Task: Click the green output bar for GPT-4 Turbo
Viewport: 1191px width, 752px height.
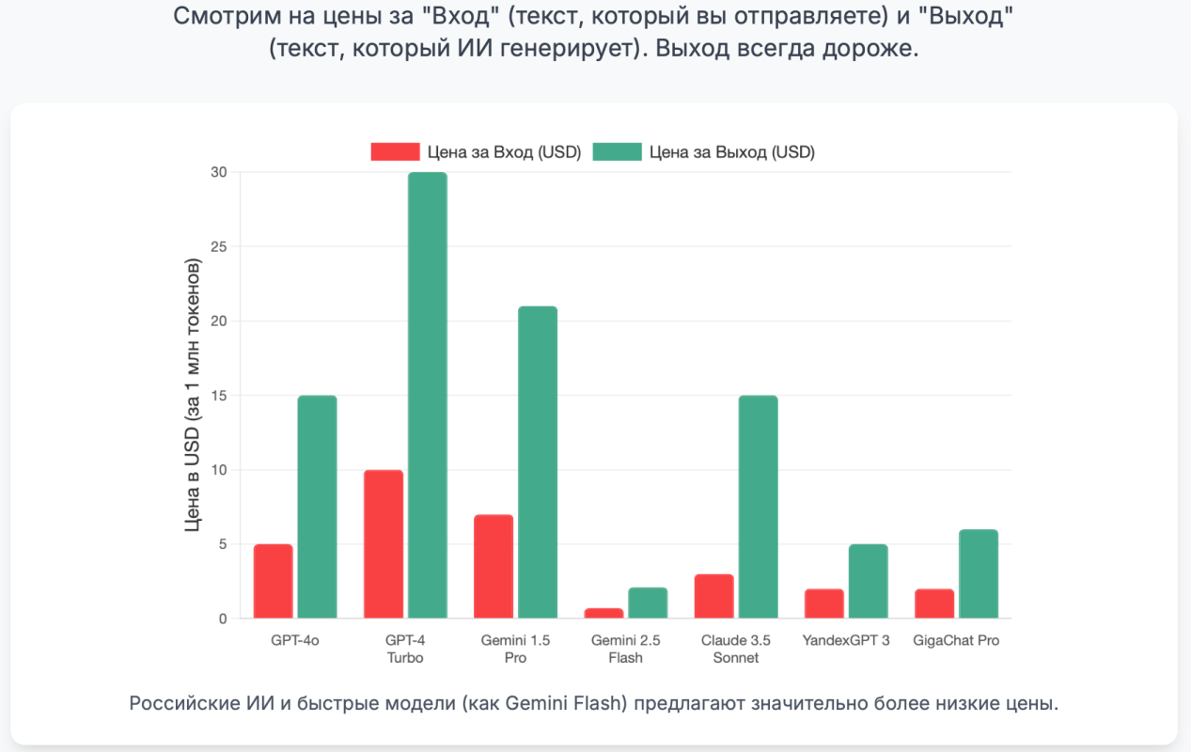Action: coord(427,395)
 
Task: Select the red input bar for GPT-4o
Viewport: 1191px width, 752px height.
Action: coord(273,581)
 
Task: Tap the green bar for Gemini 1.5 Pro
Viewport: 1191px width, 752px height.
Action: coord(537,462)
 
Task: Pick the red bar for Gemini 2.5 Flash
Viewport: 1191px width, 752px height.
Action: coord(603,613)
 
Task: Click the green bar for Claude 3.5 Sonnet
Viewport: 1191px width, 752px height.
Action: coord(758,507)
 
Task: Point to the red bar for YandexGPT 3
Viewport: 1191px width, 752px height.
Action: coord(824,603)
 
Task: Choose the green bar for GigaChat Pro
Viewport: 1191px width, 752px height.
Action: coord(979,573)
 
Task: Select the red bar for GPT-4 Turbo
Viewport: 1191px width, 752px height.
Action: coord(383,543)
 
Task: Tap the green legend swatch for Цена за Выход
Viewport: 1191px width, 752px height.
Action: coord(617,152)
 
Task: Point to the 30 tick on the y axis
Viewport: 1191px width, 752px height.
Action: coord(219,172)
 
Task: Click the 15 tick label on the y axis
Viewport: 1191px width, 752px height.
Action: coord(219,396)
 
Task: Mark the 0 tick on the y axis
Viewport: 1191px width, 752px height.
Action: coord(223,619)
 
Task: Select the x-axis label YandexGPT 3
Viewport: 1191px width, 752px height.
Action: coord(846,641)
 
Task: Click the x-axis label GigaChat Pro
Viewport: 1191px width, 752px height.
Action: coord(956,641)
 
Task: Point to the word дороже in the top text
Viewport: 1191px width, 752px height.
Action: coord(874,48)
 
